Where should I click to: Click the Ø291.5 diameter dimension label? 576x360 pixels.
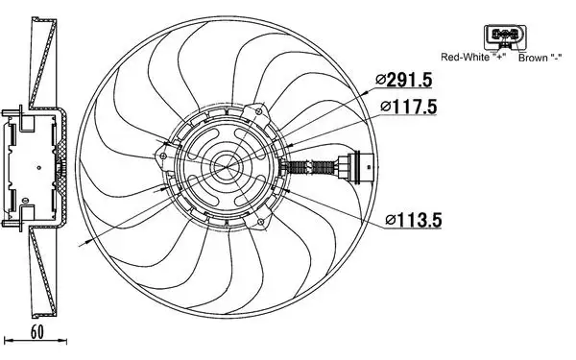(x=404, y=81)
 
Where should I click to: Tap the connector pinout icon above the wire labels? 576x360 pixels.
(x=505, y=36)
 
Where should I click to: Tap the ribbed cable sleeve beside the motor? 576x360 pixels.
(x=304, y=167)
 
